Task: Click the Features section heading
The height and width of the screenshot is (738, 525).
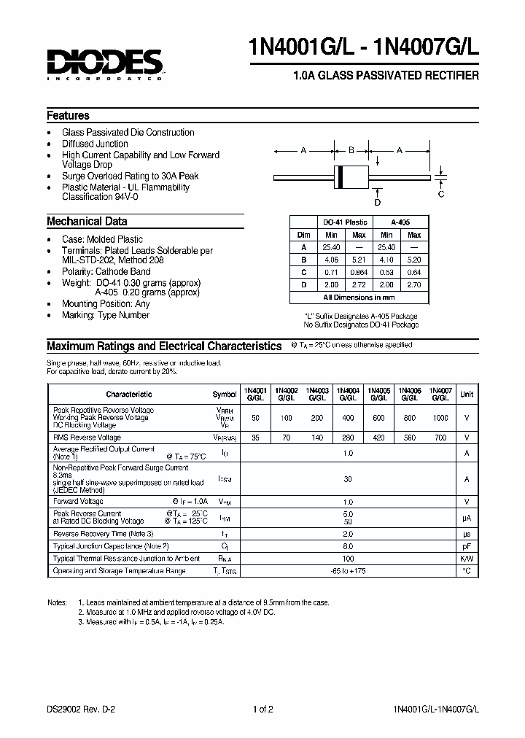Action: click(x=68, y=115)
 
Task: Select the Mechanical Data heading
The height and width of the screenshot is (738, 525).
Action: click(x=87, y=221)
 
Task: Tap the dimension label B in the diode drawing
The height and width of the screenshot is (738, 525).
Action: click(x=351, y=150)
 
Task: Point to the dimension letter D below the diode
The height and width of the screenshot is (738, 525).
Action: click(x=378, y=202)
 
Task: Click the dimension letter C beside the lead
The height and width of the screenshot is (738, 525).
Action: click(x=440, y=195)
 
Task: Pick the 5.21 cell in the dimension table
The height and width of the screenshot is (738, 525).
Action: click(x=359, y=260)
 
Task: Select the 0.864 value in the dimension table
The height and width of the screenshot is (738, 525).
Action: click(x=359, y=272)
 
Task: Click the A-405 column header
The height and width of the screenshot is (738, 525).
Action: click(x=400, y=222)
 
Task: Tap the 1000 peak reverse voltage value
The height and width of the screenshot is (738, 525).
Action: click(x=440, y=419)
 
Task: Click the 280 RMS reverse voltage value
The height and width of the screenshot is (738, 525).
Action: click(x=347, y=438)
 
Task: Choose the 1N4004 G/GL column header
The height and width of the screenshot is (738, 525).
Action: click(x=347, y=394)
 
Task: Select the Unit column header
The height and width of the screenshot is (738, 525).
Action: click(x=467, y=394)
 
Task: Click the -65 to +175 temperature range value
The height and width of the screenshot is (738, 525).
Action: click(x=347, y=571)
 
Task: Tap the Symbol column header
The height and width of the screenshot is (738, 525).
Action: click(x=225, y=394)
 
